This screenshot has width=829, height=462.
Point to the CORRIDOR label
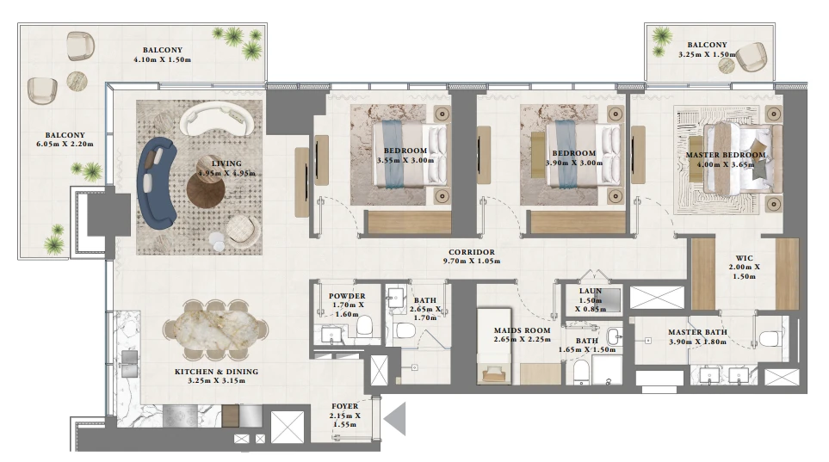(x=472, y=252)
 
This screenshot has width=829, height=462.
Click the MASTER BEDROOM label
(x=726, y=155)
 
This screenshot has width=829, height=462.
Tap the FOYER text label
(x=344, y=406)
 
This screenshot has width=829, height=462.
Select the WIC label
(x=744, y=258)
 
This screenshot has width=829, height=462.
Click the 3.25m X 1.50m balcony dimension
(x=707, y=54)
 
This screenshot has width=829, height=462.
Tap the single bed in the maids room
(x=493, y=347)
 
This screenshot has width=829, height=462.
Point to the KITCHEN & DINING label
(x=216, y=372)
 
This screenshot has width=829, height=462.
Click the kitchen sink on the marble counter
(x=128, y=364)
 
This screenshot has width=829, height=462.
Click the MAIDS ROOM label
(x=522, y=330)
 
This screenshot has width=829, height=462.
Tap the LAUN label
(x=590, y=292)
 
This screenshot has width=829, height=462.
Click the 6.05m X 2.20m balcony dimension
(x=65, y=144)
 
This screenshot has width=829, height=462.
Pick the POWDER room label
(x=347, y=296)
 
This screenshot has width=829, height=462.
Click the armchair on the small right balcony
(x=752, y=57)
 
